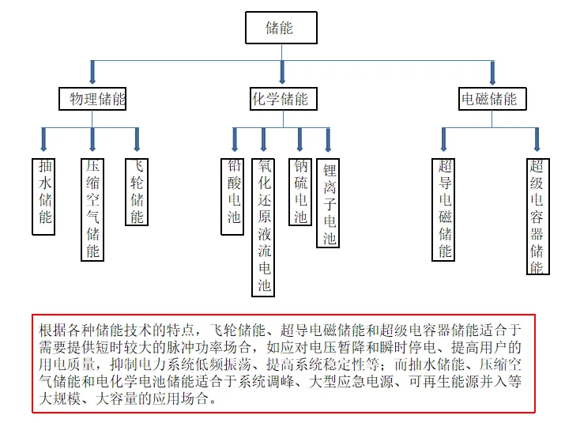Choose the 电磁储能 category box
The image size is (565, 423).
click(x=491, y=99)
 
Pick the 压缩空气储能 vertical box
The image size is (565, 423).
click(x=92, y=210)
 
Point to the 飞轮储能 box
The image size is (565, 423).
click(x=137, y=192)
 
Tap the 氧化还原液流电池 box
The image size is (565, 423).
click(x=265, y=225)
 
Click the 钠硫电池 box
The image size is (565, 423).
click(x=299, y=192)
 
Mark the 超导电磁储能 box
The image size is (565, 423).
click(x=445, y=210)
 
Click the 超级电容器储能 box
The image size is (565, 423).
click(x=537, y=216)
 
